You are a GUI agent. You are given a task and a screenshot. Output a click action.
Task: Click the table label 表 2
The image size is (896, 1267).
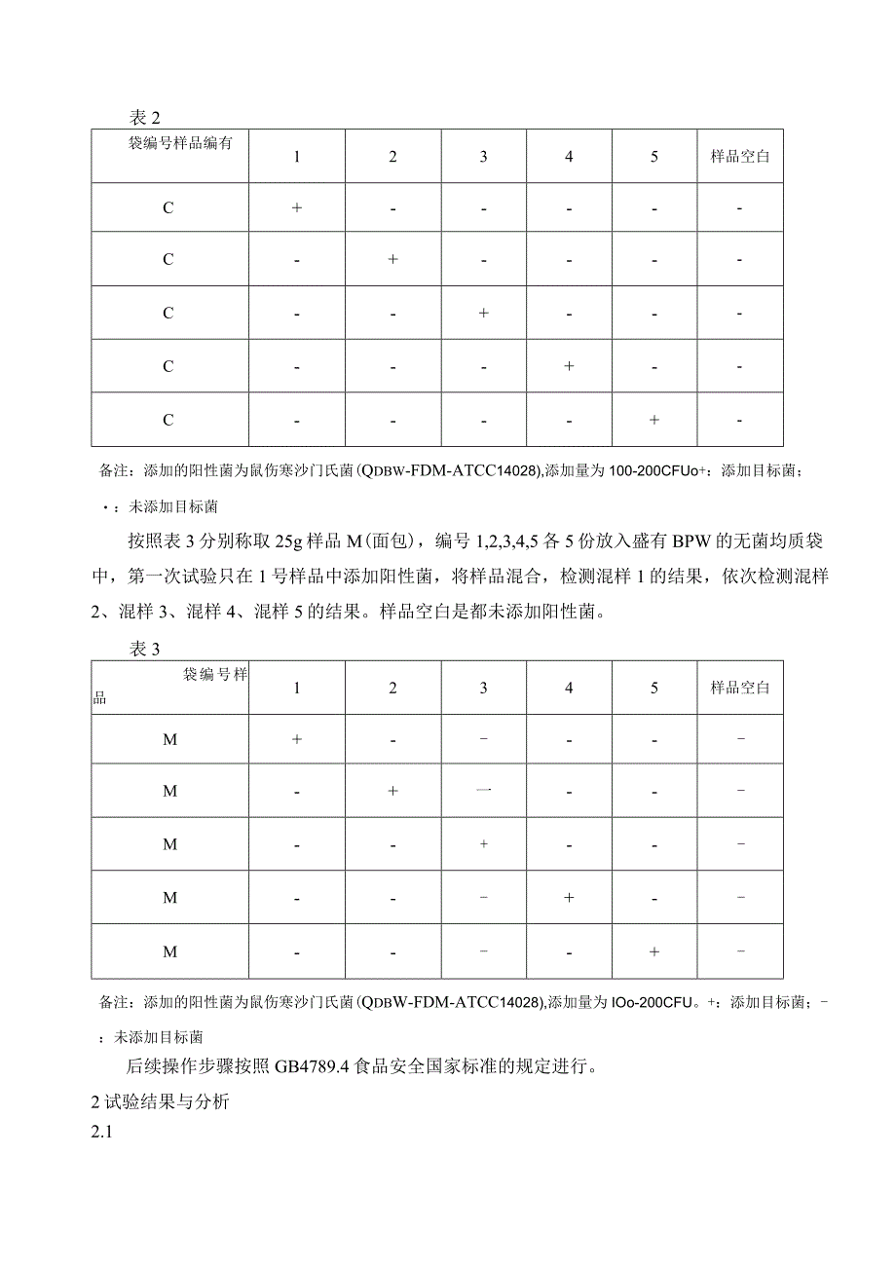tap(143, 117)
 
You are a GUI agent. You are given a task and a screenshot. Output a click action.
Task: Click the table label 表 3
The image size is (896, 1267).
tap(143, 650)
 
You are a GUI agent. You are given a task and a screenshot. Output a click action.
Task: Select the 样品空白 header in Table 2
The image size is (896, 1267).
tap(740, 156)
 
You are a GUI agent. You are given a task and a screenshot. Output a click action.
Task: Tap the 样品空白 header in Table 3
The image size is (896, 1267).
tap(740, 688)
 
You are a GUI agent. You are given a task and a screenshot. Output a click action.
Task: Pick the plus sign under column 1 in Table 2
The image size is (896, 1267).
tap(297, 207)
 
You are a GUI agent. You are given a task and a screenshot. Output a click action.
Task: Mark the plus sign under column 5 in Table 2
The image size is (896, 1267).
tap(654, 420)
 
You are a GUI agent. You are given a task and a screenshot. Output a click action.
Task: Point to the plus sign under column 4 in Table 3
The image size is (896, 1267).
tap(569, 897)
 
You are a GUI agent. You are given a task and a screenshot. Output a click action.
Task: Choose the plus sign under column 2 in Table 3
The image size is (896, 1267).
tap(392, 791)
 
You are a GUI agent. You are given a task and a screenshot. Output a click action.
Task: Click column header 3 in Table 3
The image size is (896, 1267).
tap(483, 688)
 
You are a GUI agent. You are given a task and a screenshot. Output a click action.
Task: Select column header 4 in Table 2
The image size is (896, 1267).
tap(569, 156)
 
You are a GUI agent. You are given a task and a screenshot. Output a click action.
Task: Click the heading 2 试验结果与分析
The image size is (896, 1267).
tap(160, 1102)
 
